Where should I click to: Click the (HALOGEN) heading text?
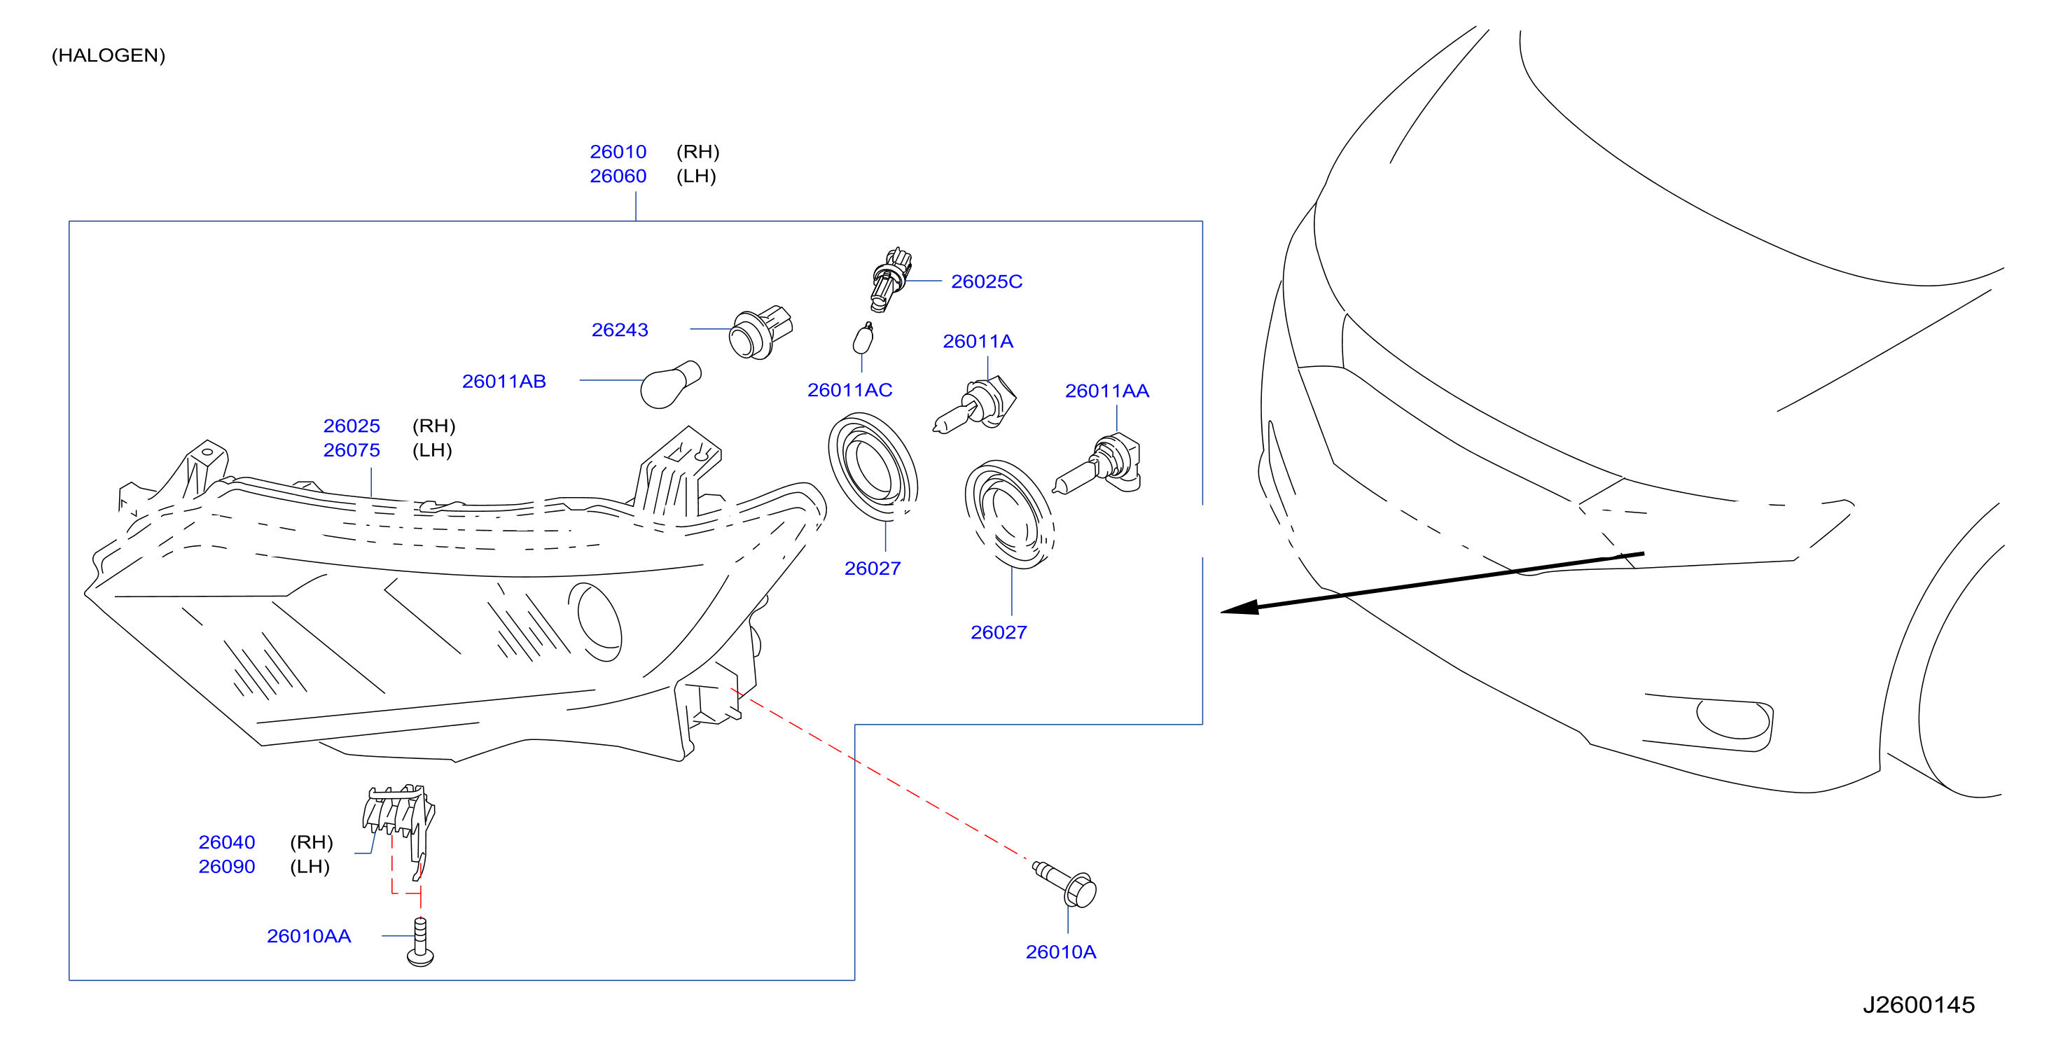[109, 55]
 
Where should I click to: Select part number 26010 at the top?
[618, 152]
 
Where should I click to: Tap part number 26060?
[618, 176]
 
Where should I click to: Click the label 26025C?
[987, 281]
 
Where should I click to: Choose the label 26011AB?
[503, 381]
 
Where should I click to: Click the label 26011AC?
[849, 389]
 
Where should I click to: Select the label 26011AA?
[1107, 390]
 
